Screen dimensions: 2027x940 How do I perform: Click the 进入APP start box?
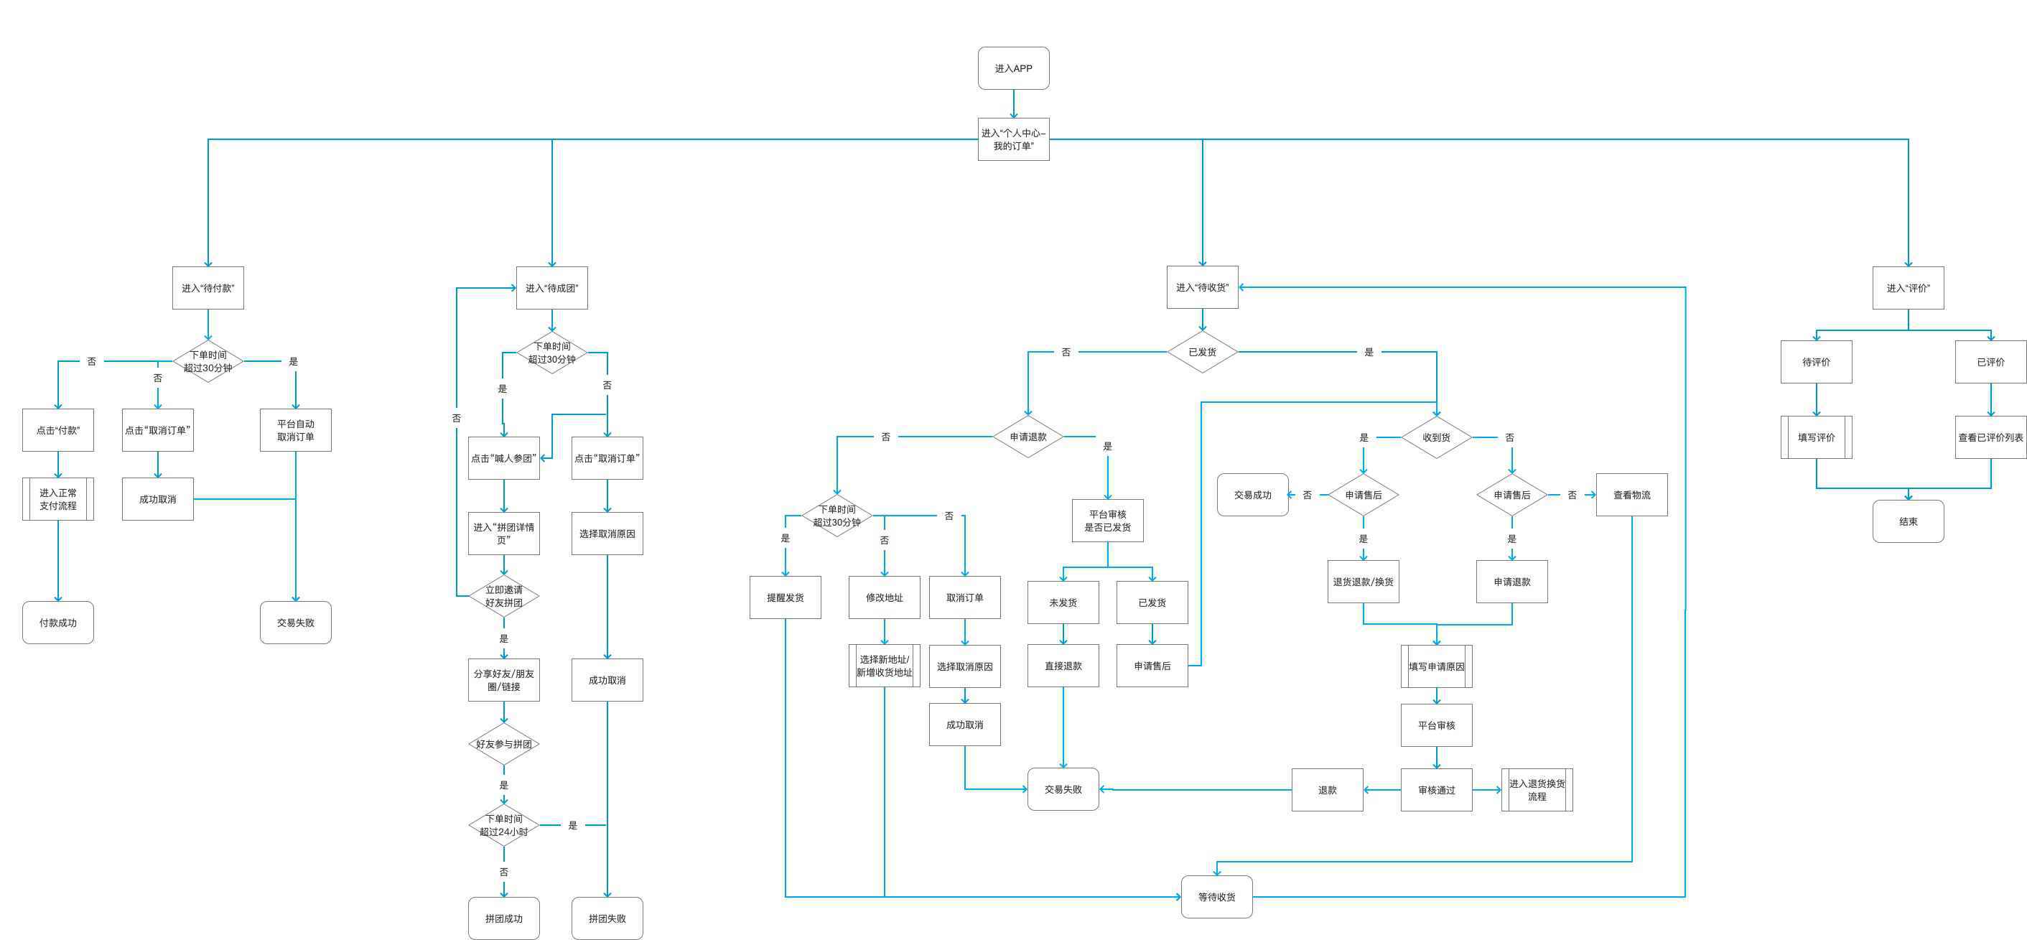1014,68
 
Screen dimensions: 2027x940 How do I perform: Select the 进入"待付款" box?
208,288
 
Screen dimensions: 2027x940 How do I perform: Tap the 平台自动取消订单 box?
296,430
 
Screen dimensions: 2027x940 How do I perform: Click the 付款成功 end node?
58,623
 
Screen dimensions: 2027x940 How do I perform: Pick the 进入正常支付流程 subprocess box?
58,499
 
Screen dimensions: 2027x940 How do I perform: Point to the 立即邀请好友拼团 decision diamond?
503,596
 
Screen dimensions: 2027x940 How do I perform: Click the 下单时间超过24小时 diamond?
503,825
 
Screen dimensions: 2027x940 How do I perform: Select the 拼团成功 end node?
503,918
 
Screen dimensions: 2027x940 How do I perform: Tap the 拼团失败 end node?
607,918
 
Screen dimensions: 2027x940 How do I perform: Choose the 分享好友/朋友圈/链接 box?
503,680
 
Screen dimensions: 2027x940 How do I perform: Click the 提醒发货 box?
786,597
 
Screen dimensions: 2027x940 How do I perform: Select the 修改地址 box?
885,597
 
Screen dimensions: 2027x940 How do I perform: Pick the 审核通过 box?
1437,791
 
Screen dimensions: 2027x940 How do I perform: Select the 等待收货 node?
1216,897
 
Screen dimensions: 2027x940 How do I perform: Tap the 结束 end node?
1909,522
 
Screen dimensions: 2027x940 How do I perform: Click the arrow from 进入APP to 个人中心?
1014,104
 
